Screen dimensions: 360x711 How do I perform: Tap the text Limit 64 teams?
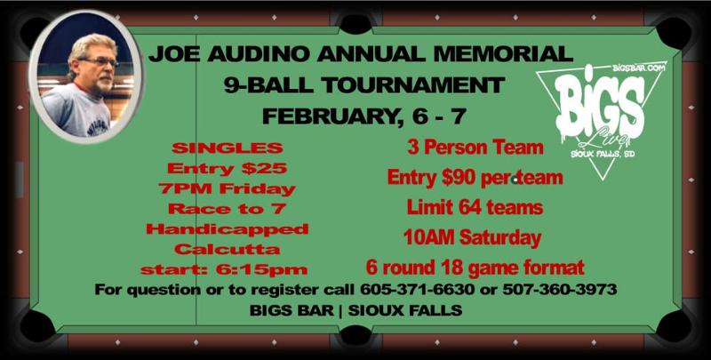pos(475,208)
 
